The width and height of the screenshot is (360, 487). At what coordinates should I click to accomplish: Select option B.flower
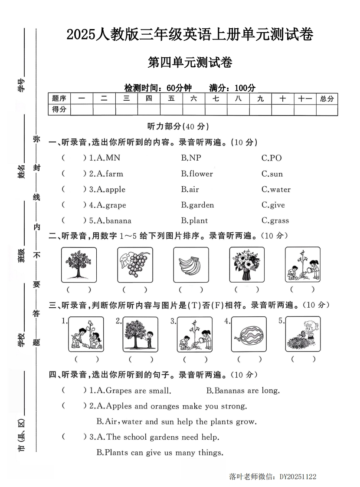[197, 174]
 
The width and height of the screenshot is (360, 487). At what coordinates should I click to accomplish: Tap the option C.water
[276, 189]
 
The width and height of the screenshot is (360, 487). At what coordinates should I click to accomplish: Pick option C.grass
[275, 220]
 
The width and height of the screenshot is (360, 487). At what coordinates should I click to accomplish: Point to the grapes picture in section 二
[135, 265]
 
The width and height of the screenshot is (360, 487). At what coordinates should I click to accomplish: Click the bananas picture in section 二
[191, 265]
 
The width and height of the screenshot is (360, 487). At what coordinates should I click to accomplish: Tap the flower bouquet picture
[247, 265]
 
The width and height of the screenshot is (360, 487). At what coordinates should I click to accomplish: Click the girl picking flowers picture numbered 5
[303, 334]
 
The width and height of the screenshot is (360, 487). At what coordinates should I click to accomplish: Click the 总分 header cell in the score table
[327, 99]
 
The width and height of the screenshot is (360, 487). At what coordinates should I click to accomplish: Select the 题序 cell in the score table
[59, 99]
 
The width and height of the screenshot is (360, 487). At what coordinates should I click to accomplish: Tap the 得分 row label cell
[59, 109]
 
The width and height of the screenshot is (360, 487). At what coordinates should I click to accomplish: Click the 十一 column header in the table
[305, 99]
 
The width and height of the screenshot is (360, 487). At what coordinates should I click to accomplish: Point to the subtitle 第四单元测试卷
[190, 63]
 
